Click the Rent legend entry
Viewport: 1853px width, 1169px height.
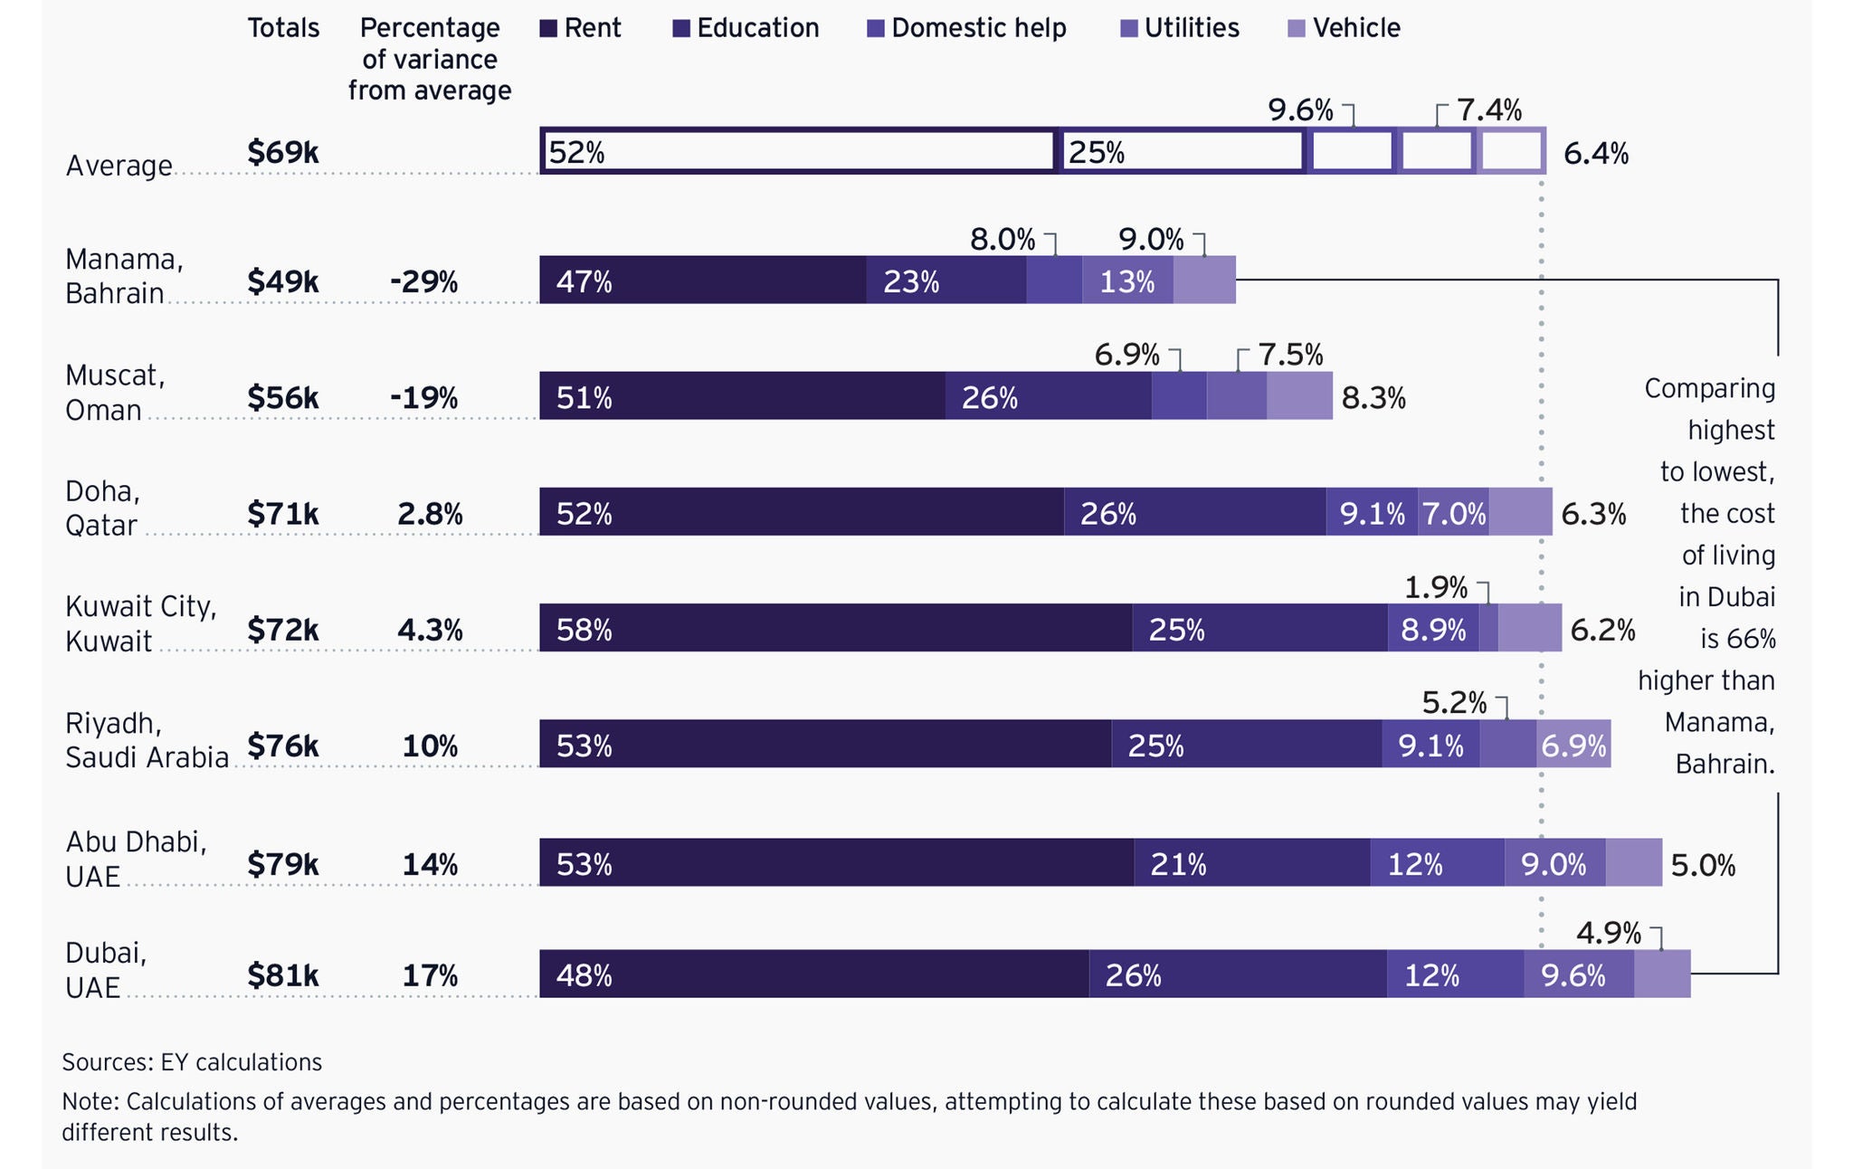coord(581,29)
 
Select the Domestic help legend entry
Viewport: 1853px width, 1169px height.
coord(966,29)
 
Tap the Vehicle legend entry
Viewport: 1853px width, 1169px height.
coord(1345,29)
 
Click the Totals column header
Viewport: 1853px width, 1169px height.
coord(283,29)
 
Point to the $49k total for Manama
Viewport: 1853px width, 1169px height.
coord(282,282)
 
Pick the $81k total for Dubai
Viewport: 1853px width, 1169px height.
coord(282,975)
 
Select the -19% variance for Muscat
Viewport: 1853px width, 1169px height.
coord(423,398)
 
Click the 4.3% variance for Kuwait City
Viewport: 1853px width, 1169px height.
coord(430,630)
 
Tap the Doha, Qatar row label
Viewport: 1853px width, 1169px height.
coord(102,508)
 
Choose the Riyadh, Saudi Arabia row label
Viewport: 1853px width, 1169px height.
coord(147,740)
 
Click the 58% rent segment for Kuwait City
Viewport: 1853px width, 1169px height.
coord(835,628)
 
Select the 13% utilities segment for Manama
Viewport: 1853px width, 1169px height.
coord(1127,280)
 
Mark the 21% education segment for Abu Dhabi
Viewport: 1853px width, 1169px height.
coord(1251,863)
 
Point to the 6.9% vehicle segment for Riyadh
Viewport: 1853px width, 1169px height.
coord(1573,745)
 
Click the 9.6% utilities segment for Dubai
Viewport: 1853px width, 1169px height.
coord(1578,974)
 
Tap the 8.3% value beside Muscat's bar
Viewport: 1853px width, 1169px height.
coord(1373,398)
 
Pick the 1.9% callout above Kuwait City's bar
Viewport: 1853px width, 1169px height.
coord(1436,589)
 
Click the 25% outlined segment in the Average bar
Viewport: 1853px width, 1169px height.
coord(1182,151)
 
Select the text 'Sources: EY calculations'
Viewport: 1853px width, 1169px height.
coord(192,1062)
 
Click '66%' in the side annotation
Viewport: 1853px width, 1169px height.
coord(1751,640)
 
